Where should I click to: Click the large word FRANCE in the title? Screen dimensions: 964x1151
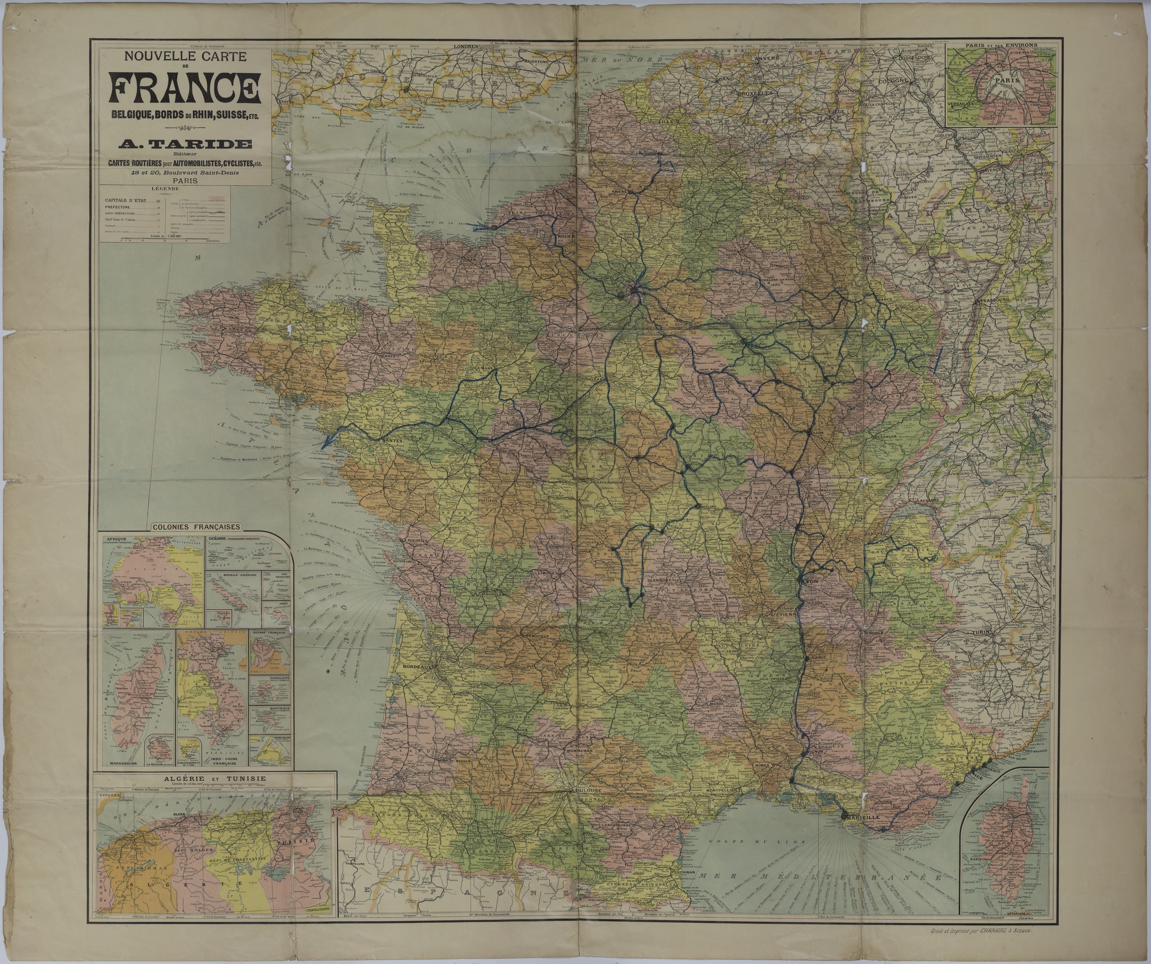click(x=185, y=88)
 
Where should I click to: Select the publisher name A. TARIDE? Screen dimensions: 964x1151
click(x=185, y=144)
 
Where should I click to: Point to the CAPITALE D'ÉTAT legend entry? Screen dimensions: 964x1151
click(x=126, y=201)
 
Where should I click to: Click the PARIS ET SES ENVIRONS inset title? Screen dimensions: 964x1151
click(x=1001, y=45)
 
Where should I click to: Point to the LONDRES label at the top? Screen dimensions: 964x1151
click(x=466, y=47)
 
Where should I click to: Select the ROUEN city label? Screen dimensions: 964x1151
click(x=564, y=237)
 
